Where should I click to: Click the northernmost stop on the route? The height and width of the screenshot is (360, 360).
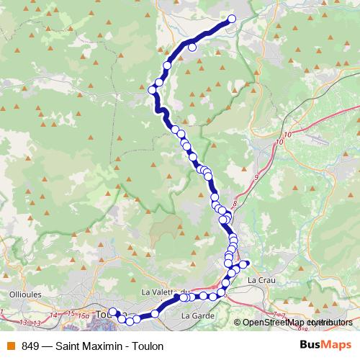(x=232, y=19)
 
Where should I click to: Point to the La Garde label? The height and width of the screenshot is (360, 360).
(x=196, y=315)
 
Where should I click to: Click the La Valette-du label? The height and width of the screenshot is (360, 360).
(x=165, y=291)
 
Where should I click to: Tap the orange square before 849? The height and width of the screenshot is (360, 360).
(x=10, y=346)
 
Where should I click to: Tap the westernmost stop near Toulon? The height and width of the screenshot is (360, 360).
(x=112, y=312)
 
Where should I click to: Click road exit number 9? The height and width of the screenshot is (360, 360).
(x=256, y=176)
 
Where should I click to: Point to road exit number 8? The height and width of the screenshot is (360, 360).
(x=234, y=204)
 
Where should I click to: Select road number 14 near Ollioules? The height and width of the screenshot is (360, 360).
(x=54, y=315)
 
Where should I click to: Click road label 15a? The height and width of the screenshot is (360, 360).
(x=84, y=315)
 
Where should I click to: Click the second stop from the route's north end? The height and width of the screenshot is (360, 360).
(x=192, y=48)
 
